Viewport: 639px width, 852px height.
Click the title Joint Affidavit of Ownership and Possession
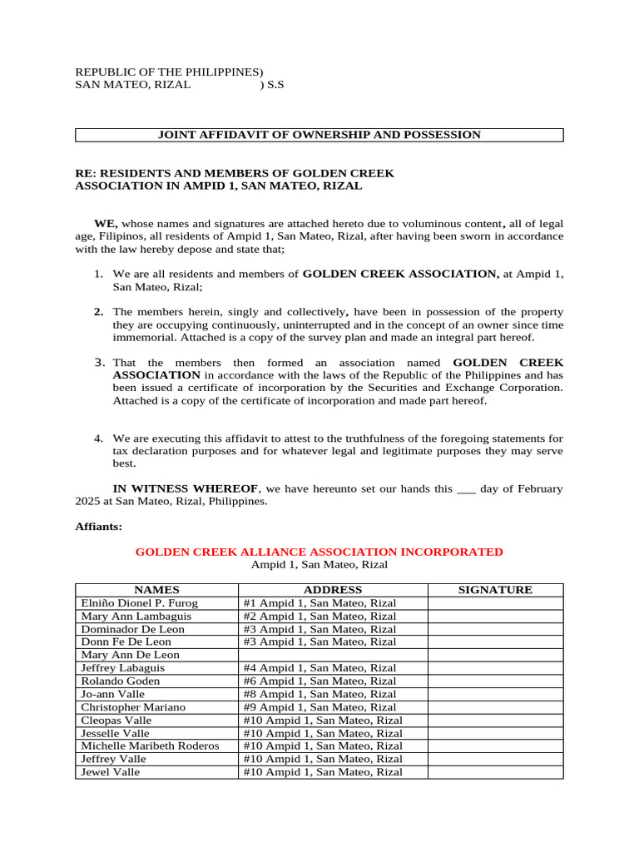[x=319, y=135]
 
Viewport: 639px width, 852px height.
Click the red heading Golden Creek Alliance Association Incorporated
[x=319, y=552]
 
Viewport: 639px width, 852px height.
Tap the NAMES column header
[x=156, y=590]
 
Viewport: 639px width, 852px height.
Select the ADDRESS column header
[x=333, y=590]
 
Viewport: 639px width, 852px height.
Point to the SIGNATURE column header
[x=495, y=590]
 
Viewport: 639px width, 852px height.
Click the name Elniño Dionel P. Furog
[x=139, y=603]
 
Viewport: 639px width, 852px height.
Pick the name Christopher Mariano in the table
[x=132, y=707]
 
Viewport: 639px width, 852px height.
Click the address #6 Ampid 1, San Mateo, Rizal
[x=319, y=681]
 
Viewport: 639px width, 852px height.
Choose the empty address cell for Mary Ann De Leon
[x=333, y=655]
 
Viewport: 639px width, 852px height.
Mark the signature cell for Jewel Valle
[x=495, y=772]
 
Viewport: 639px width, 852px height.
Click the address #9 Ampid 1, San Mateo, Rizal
[x=319, y=707]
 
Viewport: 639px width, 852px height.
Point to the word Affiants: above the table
[x=99, y=527]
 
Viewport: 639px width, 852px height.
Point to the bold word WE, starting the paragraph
[x=106, y=224]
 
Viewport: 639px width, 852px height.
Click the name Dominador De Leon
[x=132, y=629]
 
